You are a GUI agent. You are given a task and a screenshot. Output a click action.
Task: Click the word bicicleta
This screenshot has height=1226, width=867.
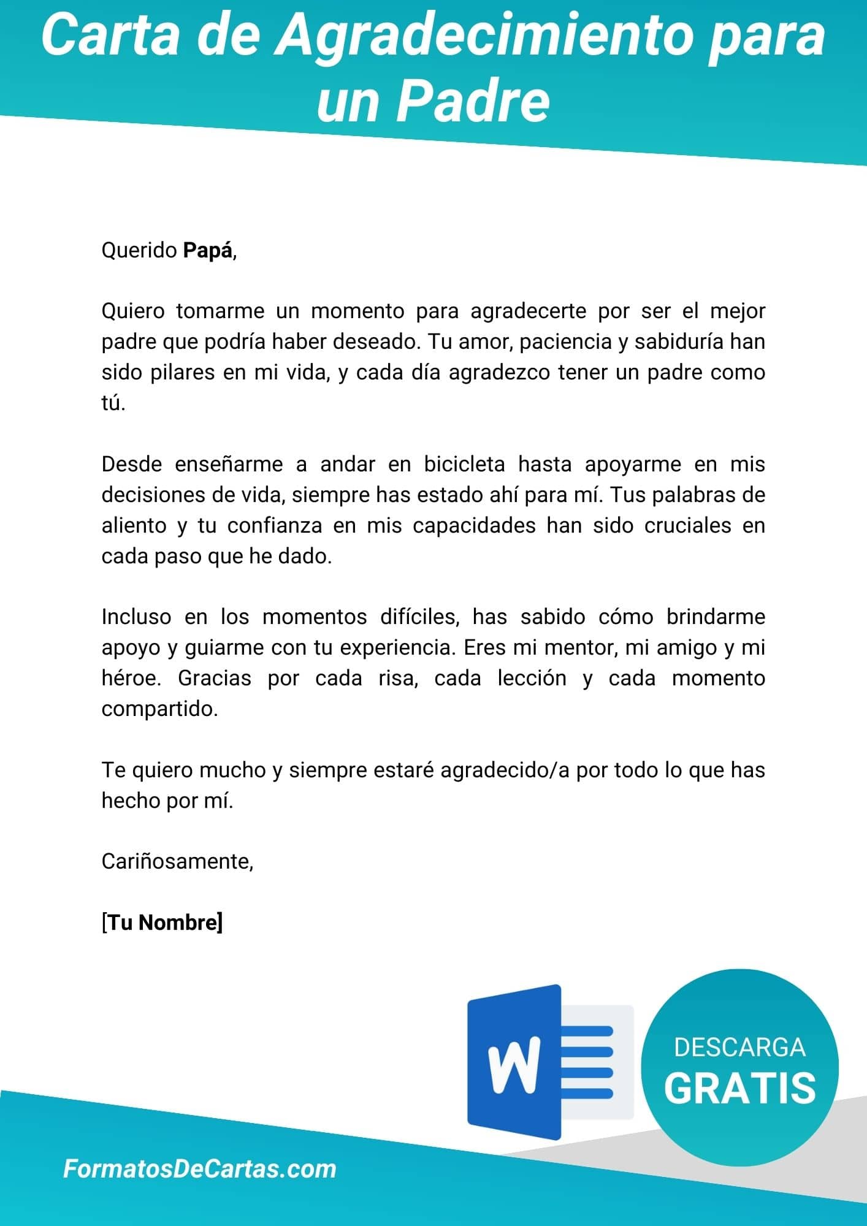tap(464, 464)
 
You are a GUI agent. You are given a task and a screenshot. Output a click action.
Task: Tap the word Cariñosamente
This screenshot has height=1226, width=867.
tap(177, 861)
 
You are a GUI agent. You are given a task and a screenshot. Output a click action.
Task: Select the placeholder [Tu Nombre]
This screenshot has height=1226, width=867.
tap(162, 922)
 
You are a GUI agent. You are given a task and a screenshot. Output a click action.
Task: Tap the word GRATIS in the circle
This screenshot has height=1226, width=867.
tap(739, 1088)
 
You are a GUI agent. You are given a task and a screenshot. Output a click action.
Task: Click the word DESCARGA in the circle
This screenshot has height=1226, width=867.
tap(739, 1047)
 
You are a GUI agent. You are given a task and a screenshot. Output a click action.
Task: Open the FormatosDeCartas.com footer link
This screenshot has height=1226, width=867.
tap(200, 1168)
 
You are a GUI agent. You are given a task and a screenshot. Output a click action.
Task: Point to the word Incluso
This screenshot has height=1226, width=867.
tap(136, 617)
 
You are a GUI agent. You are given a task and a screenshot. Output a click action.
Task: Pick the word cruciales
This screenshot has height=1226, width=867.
tap(688, 525)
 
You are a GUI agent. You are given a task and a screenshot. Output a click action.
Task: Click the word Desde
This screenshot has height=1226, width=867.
tap(132, 464)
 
